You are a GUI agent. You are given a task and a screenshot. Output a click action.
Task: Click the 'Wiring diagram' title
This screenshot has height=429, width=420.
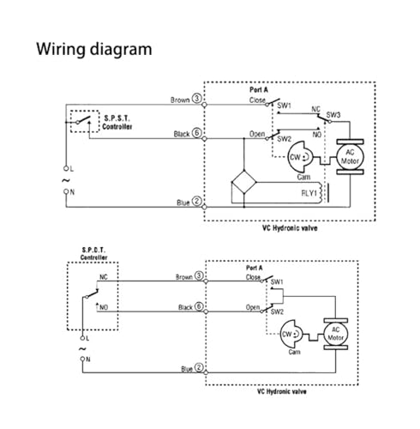coord(94,50)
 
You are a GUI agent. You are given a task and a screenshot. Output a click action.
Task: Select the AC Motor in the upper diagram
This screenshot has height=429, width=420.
coord(350,157)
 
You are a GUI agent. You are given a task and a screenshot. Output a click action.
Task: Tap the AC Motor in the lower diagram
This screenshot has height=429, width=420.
coord(336,334)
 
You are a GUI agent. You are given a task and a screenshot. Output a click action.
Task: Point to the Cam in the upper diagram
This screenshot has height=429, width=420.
coord(300,157)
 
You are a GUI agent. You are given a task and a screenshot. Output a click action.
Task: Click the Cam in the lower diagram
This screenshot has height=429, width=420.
coord(291,334)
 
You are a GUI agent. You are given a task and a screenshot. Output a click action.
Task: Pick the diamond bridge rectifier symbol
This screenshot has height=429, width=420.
coord(243,182)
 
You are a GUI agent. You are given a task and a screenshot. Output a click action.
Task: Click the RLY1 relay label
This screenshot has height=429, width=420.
coord(309,193)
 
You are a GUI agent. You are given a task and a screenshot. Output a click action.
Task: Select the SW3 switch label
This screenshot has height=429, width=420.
coord(333,115)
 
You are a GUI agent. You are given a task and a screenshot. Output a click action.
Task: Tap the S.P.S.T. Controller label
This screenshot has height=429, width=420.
coord(117,123)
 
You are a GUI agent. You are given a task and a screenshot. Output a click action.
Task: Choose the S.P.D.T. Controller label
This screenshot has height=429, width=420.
coord(93,254)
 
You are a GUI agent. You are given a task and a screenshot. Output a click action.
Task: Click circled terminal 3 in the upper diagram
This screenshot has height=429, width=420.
coord(197,99)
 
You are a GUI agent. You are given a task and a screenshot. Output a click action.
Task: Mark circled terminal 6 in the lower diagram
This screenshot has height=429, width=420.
coord(199,306)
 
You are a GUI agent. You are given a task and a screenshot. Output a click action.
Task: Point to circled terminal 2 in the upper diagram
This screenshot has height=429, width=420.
coord(197,201)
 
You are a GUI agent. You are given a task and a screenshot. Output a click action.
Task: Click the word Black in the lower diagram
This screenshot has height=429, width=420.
coord(185,307)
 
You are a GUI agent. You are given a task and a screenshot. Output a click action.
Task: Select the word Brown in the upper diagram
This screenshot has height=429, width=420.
coord(180,100)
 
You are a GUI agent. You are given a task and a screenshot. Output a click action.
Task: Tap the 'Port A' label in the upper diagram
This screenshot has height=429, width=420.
coord(259,90)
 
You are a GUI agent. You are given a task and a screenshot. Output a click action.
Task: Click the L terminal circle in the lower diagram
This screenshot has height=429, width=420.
coord(82,338)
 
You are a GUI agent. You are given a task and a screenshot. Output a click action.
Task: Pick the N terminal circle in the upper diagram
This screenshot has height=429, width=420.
coord(66,191)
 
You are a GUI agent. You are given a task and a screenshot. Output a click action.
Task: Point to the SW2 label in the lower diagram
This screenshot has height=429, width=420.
coord(277,311)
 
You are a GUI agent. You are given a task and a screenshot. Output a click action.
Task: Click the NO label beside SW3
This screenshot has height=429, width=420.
coord(317,135)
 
